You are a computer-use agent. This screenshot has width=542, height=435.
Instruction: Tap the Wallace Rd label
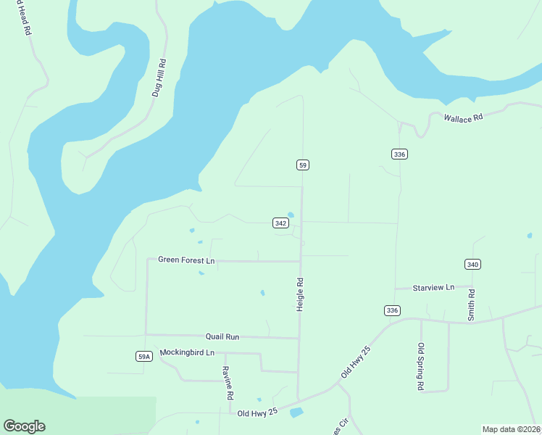463,117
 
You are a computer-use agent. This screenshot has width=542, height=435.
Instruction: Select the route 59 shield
303,165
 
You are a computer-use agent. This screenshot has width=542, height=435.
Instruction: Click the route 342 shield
281,223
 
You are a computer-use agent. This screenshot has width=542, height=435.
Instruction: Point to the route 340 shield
472,265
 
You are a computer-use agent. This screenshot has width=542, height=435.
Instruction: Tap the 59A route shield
144,356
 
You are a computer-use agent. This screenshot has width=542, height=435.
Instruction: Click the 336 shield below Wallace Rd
399,154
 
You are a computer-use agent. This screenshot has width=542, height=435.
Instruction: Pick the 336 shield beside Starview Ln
391,310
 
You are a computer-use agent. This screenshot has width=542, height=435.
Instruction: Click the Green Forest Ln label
186,260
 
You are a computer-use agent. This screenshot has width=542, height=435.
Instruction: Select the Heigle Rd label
299,294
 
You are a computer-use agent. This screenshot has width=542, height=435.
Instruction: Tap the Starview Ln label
433,287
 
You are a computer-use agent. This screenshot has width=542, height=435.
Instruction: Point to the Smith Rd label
471,305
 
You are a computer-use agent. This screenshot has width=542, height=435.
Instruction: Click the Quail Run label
222,337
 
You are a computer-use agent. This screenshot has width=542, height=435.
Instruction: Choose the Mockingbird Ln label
187,352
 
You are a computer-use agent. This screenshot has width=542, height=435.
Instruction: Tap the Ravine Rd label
226,383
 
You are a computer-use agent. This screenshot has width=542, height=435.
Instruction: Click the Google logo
24,426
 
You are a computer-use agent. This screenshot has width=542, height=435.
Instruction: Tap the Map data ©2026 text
511,428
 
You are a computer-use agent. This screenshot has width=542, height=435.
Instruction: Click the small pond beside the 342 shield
291,215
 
